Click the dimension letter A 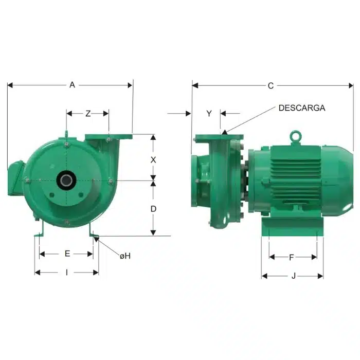(72, 85)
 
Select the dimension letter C (271, 86)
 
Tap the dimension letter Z (88, 114)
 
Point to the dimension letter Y (209, 114)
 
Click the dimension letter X (153, 160)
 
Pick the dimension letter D (153, 209)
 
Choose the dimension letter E (67, 254)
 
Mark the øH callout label (125, 256)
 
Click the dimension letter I (67, 273)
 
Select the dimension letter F (292, 257)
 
